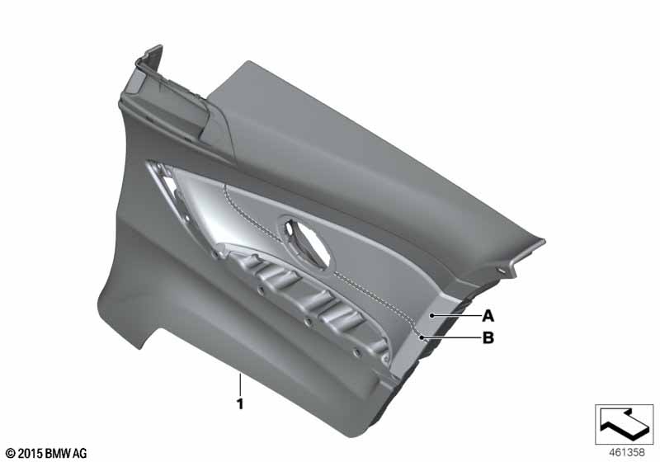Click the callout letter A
488,315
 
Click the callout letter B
488,337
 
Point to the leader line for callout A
455,315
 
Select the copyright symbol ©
10,453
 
